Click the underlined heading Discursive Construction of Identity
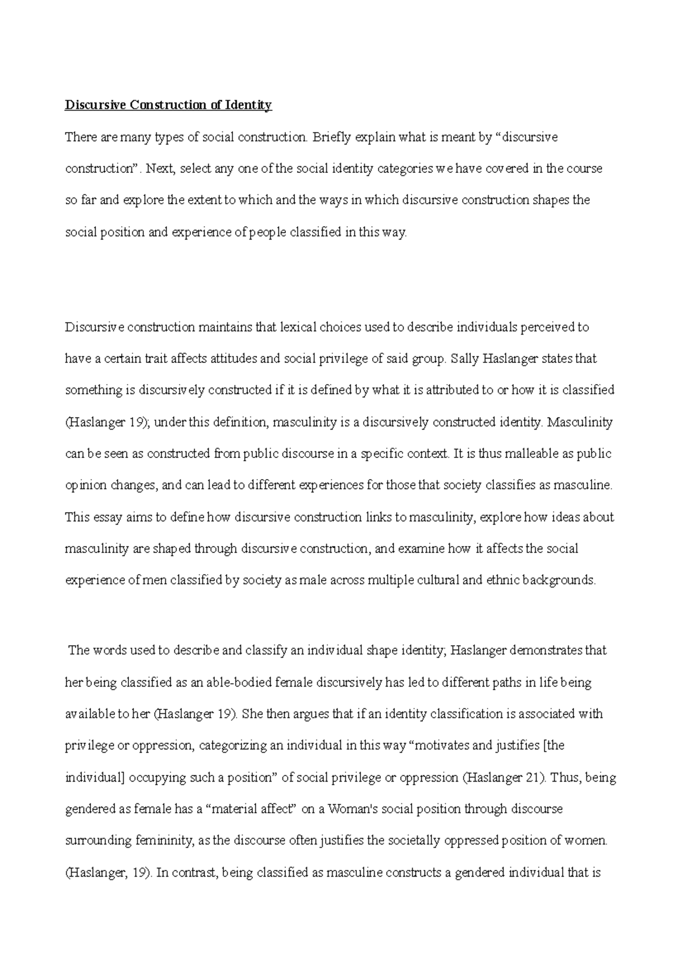click(168, 105)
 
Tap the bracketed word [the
click(554, 746)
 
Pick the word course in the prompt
click(585, 169)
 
